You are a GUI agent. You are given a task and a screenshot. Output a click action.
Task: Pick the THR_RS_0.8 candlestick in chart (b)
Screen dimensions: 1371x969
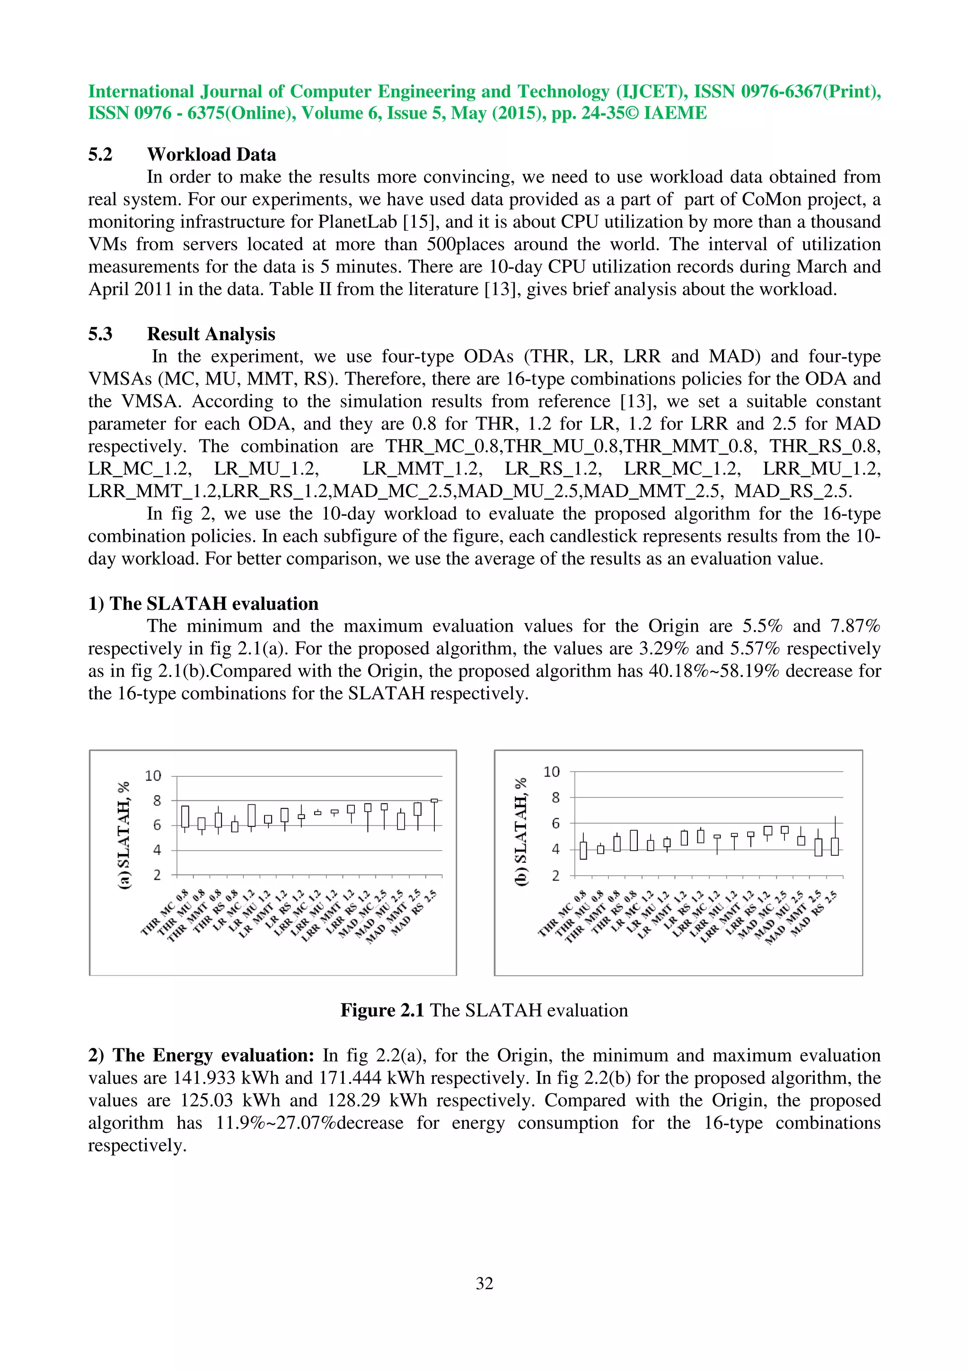634,840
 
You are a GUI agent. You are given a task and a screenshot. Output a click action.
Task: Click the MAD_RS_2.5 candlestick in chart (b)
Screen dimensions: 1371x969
835,846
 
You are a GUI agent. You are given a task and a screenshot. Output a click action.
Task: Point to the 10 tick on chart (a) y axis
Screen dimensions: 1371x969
153,776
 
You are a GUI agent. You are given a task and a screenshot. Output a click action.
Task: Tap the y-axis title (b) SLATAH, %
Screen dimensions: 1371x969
521,831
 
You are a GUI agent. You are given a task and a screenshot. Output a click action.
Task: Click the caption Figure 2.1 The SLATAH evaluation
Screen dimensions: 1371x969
484,1011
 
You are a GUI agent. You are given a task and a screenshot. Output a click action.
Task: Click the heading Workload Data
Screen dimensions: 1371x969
211,155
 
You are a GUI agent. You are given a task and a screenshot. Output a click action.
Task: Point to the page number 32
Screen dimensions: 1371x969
484,1283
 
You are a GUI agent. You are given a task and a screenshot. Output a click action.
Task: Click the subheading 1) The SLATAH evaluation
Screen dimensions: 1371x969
203,604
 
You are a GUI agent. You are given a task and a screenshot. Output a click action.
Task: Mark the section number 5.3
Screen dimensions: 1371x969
100,334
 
